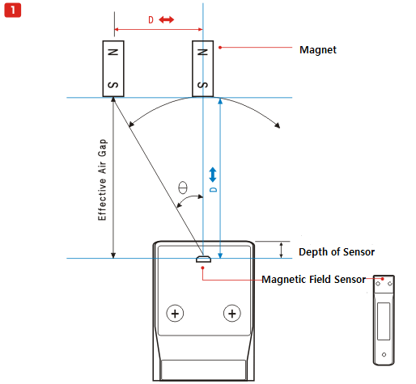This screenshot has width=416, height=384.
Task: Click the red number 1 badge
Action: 13,11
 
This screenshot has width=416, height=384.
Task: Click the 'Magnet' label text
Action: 318,50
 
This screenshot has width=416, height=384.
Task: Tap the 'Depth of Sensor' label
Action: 337,252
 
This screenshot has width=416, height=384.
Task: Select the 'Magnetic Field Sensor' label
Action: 314,280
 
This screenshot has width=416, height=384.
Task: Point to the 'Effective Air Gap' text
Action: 102,179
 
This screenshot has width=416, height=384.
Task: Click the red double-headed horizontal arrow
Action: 167,19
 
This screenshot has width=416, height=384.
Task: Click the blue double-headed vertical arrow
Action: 213,175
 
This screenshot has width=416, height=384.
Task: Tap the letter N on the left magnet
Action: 113,52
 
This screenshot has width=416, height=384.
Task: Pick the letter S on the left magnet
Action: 113,85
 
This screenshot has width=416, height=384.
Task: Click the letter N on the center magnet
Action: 202,52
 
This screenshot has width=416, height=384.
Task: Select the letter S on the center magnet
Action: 202,85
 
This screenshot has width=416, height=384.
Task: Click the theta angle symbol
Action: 183,188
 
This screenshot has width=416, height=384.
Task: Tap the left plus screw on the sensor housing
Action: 175,314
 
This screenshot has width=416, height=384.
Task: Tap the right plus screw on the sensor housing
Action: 232,314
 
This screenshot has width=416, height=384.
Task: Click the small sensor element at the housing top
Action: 203,260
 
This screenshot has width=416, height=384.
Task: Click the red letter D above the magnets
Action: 151,19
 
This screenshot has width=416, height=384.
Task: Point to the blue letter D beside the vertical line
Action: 213,190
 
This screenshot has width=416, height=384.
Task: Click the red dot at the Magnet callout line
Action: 220,48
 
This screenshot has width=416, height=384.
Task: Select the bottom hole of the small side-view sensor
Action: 384,355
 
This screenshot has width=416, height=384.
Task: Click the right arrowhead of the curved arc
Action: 278,125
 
